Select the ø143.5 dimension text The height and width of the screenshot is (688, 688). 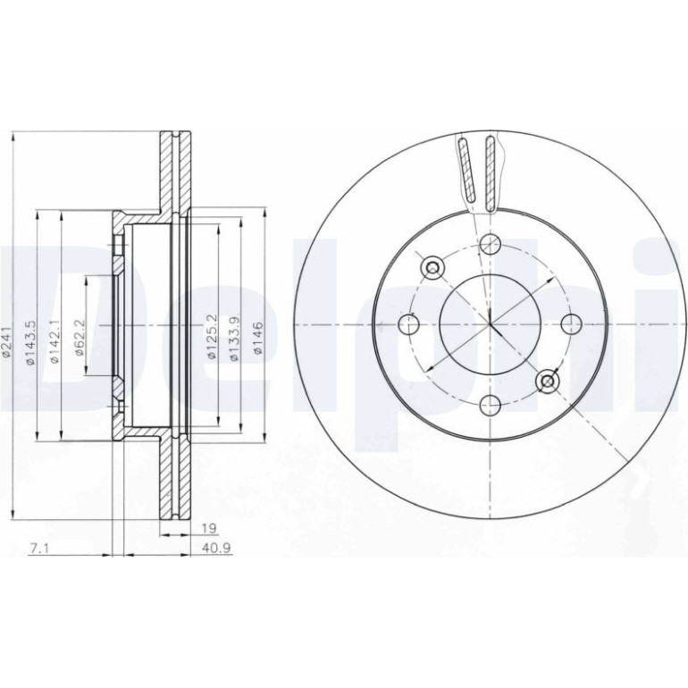pyautogui.click(x=30, y=343)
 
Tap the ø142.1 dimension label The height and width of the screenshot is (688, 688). pyautogui.click(x=55, y=342)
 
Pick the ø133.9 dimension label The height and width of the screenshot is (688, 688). pyautogui.click(x=235, y=339)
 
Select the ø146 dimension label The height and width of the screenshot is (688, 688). pyautogui.click(x=258, y=338)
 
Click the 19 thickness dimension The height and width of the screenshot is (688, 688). pyautogui.click(x=211, y=528)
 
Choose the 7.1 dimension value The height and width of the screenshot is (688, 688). pyautogui.click(x=38, y=548)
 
